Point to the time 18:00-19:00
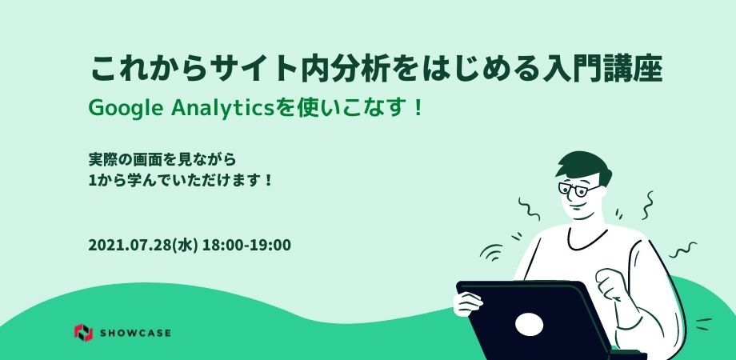[x=246, y=245]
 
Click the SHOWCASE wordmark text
[x=135, y=334]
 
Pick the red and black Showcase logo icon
[x=83, y=333]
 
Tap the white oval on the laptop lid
[x=529, y=324]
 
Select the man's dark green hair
[x=584, y=166]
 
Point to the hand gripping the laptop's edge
[x=467, y=302]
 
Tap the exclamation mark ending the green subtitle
[x=418, y=110]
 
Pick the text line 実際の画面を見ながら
[x=162, y=159]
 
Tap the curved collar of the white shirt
[x=586, y=239]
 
